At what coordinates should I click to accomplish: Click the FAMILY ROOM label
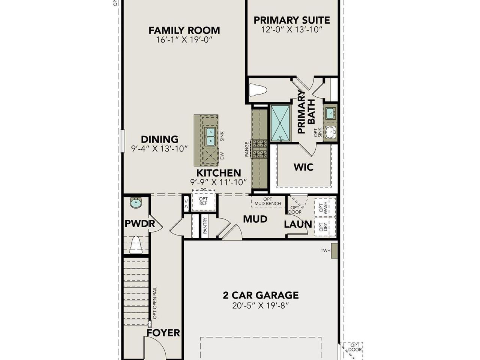click(184, 30)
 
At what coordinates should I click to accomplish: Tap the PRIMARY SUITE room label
click(292, 20)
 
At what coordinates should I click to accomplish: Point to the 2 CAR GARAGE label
click(261, 295)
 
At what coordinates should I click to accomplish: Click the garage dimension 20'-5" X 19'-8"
click(261, 306)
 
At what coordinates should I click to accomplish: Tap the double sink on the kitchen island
click(210, 136)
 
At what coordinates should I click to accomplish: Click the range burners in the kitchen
click(259, 148)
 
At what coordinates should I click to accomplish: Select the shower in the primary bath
click(280, 123)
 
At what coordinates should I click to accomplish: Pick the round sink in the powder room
click(136, 203)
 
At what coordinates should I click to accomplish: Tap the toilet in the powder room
click(136, 245)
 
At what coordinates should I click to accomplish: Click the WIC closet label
click(303, 167)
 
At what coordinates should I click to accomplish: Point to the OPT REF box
click(204, 201)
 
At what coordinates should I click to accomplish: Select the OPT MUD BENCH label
click(268, 201)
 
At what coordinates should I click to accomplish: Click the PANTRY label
click(205, 226)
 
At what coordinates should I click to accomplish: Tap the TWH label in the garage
click(325, 250)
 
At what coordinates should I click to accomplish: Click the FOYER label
click(163, 333)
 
